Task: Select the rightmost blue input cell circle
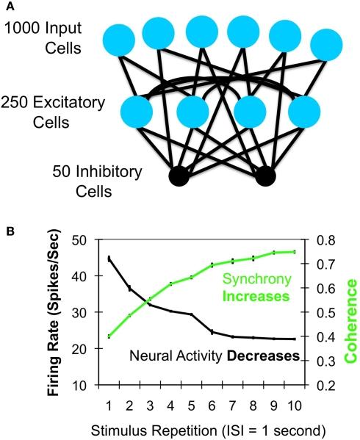tap(326, 46)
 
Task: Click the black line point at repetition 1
tap(109, 259)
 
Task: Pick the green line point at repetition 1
tap(109, 336)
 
